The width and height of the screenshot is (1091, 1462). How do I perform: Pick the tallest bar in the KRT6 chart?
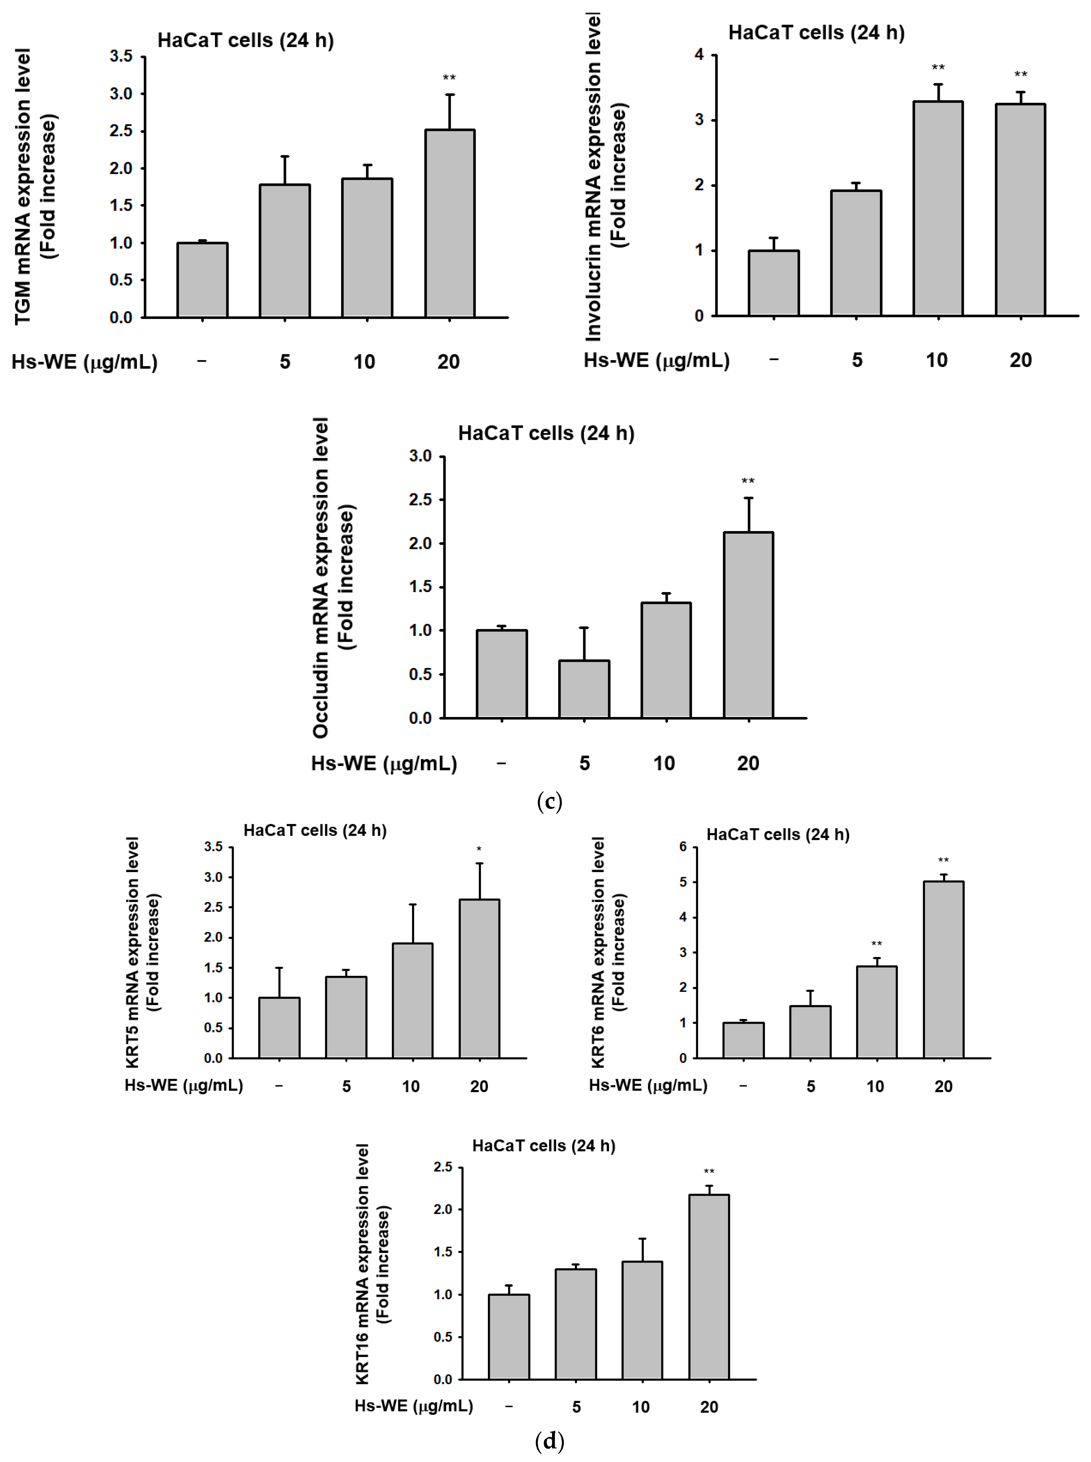tap(943, 969)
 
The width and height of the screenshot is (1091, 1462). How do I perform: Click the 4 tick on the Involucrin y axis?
tap(699, 55)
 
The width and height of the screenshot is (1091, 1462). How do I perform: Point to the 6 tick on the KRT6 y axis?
tap(683, 847)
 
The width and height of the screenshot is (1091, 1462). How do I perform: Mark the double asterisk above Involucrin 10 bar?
tap(938, 67)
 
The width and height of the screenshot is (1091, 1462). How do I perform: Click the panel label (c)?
tap(549, 801)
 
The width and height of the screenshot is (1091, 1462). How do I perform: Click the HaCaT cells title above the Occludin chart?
tap(546, 433)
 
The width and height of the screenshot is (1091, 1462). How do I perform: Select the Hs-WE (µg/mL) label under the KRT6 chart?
tap(648, 1085)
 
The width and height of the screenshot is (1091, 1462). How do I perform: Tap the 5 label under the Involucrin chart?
tap(857, 360)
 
